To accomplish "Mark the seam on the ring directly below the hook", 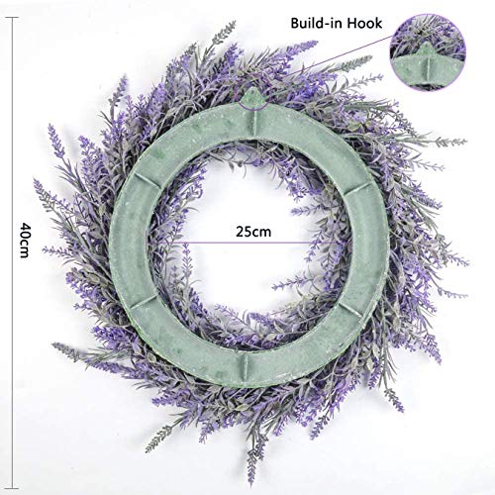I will pyautogui.click(x=251, y=112).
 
